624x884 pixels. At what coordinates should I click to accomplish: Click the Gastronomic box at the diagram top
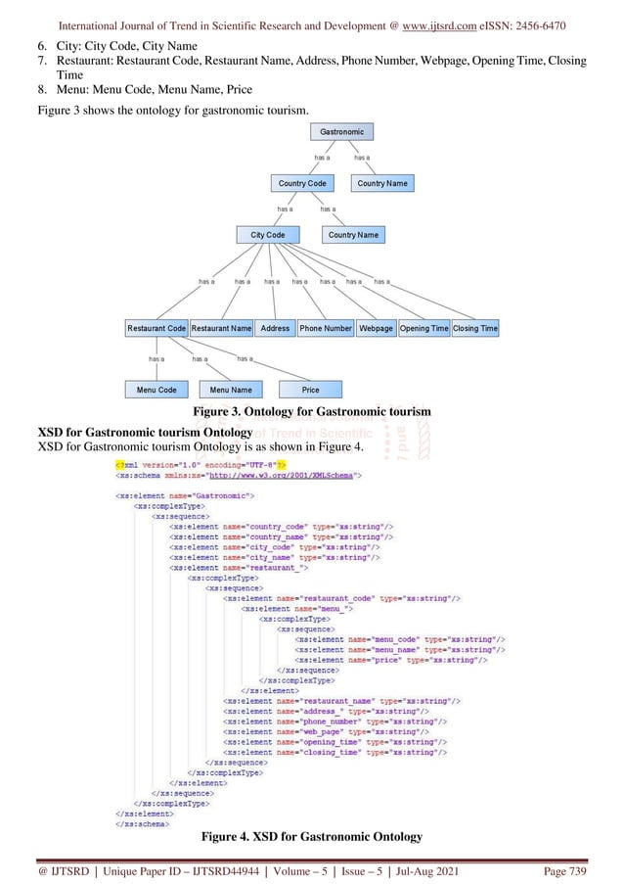pos(341,131)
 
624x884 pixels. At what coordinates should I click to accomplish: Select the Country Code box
pos(302,183)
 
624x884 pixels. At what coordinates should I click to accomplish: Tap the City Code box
pos(267,235)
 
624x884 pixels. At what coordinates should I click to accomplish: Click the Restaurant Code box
pos(156,328)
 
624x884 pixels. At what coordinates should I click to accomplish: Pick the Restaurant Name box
pos(221,328)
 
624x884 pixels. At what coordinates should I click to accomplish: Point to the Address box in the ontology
pos(275,328)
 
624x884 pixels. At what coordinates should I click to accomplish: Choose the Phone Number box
pos(326,328)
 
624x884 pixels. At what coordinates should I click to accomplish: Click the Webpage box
pos(376,328)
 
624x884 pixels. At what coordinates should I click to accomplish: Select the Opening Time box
pos(423,328)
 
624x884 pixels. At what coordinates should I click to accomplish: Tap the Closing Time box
pos(475,328)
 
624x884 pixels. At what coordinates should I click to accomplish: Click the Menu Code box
pos(156,390)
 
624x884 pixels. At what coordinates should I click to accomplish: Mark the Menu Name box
pos(231,390)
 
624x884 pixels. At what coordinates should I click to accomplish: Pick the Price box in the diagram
pos(310,390)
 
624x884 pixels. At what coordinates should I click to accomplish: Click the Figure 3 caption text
pos(311,412)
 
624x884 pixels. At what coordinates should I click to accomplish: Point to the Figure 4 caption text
pos(311,836)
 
